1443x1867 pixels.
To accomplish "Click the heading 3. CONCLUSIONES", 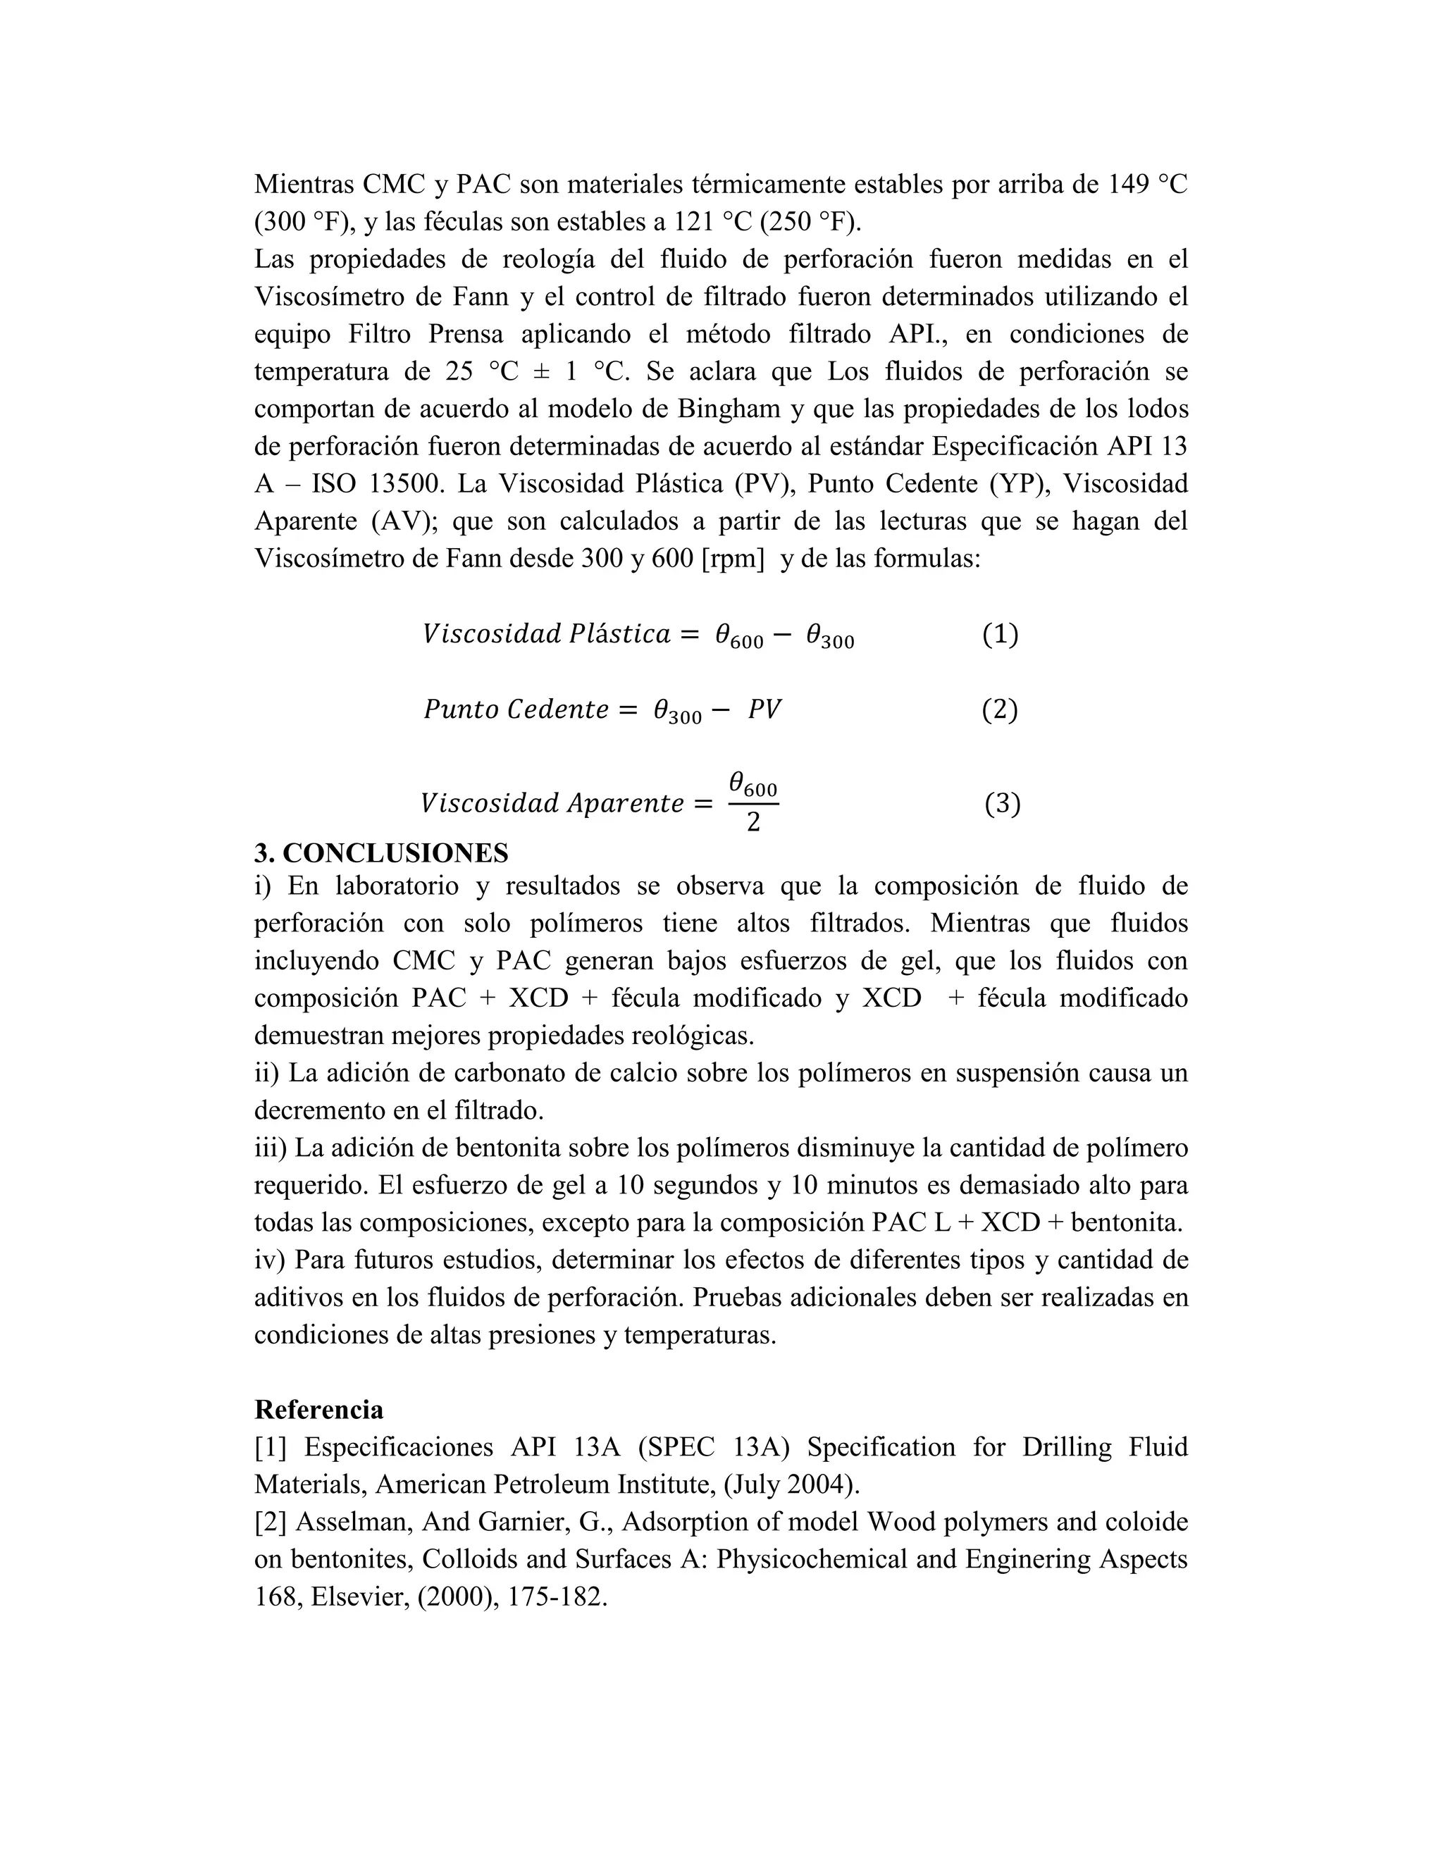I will tap(380, 852).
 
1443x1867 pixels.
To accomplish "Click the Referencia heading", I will tap(319, 1409).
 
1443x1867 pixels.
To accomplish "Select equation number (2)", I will tap(999, 709).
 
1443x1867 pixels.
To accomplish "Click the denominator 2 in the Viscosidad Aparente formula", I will tap(753, 822).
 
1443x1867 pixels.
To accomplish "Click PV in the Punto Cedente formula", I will tap(764, 709).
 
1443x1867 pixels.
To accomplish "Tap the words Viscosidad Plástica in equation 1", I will tap(546, 634).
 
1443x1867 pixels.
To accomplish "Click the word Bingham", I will tap(729, 409).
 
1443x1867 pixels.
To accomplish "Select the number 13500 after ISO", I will tap(405, 484).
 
